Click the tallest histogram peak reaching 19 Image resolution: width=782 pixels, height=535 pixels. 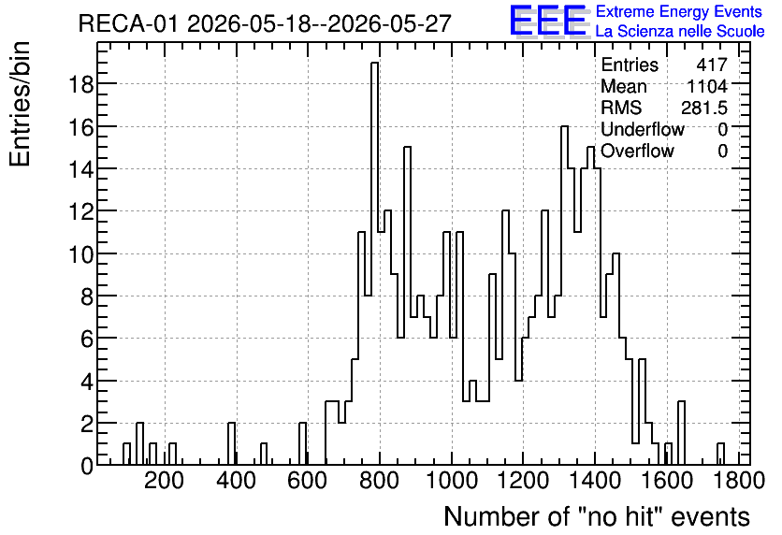(374, 64)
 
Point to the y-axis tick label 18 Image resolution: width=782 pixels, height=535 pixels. (80, 85)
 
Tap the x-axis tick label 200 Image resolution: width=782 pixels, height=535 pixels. (165, 481)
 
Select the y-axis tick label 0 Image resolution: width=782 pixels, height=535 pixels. (87, 466)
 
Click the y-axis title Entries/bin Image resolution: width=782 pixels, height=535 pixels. (21, 104)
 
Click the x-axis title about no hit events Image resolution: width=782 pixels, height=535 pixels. (597, 516)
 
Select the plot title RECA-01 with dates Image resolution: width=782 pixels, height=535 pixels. (265, 23)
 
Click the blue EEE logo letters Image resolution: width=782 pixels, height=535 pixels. (547, 21)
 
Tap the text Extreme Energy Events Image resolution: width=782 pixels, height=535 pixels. (679, 11)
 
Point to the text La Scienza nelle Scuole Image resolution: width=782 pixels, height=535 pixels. (680, 31)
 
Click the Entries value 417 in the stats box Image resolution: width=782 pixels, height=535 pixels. (712, 65)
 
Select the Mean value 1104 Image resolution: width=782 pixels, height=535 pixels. (707, 86)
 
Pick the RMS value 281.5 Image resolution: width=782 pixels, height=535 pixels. (704, 108)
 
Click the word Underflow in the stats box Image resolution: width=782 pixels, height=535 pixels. (643, 129)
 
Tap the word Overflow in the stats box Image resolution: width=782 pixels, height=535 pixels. (637, 151)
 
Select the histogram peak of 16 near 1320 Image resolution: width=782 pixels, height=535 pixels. (565, 127)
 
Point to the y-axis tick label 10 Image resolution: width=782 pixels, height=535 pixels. (80, 254)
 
